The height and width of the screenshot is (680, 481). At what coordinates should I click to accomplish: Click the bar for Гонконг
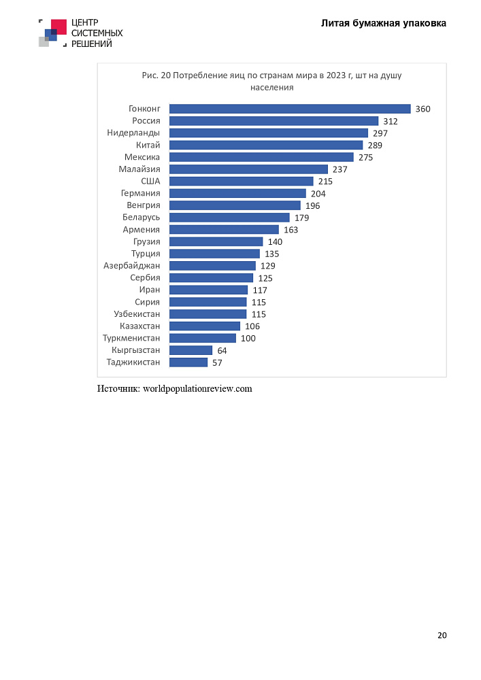(290, 109)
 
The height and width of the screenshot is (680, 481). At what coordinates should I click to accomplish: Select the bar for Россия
(273, 121)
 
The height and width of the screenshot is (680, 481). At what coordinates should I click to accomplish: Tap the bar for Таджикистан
(188, 362)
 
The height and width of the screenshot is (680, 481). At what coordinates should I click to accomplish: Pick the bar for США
(241, 182)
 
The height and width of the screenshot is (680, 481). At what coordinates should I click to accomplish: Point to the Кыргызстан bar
(191, 350)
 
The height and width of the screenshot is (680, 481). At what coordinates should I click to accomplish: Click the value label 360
(423, 109)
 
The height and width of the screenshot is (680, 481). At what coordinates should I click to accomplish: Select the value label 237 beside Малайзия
(340, 169)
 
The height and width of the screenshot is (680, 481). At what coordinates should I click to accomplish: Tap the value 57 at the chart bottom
(217, 362)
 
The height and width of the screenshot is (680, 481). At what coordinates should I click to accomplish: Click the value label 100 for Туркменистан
(248, 338)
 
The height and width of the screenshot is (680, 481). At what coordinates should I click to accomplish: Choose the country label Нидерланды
(133, 133)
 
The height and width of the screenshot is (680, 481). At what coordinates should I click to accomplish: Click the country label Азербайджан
(131, 265)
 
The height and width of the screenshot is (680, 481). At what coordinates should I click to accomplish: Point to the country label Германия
(140, 193)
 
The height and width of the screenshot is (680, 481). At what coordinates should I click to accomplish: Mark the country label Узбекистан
(137, 313)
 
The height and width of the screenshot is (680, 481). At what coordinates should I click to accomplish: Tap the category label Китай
(148, 145)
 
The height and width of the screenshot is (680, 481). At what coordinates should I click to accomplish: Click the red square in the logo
(59, 27)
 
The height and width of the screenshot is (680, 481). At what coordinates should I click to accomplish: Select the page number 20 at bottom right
(442, 635)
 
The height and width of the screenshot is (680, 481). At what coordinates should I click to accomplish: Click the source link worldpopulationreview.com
(197, 388)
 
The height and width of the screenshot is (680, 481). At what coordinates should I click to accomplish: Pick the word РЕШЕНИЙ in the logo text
(92, 44)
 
